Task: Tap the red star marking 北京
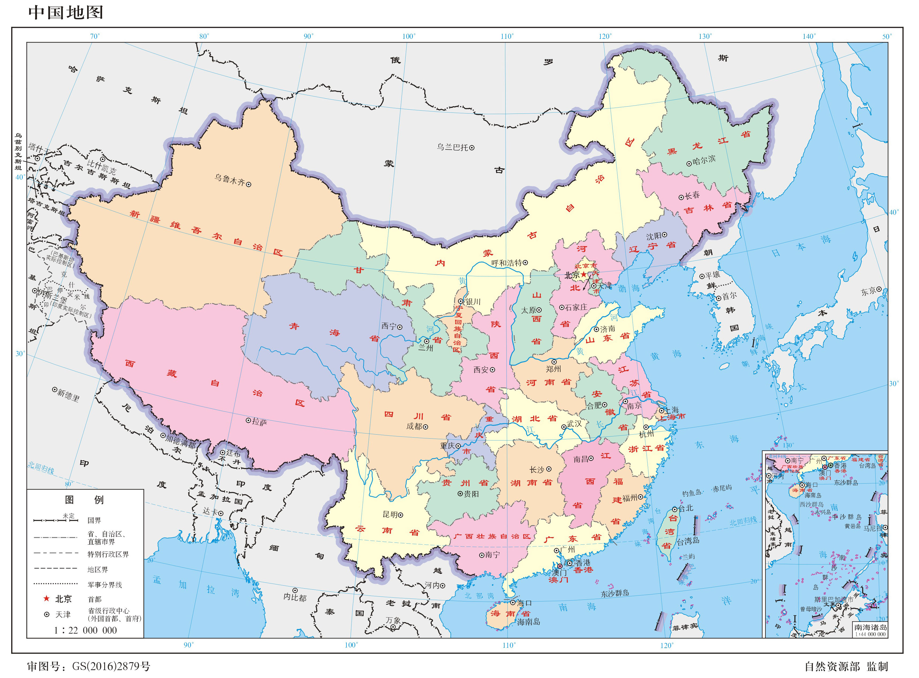pos(584,274)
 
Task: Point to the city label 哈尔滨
pos(704,160)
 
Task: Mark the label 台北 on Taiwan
pos(685,508)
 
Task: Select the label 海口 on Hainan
pos(524,603)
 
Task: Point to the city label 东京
pos(868,291)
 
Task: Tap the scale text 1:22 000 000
pos(85,630)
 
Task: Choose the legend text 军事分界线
pos(105,585)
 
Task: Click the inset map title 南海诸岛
pos(870,627)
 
